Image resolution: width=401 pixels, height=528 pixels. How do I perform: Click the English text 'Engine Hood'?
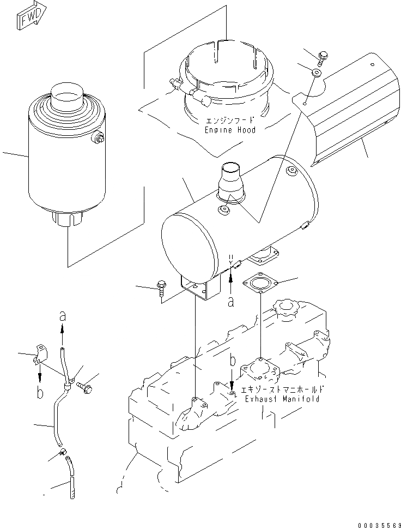click(230, 130)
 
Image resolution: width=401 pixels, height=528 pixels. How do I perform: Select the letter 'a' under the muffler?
click(231, 301)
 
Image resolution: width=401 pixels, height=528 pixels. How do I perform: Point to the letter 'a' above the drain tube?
click(62, 316)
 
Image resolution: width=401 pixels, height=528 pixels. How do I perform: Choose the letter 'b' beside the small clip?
click(40, 392)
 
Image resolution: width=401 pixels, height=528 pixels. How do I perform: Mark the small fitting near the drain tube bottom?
click(62, 451)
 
